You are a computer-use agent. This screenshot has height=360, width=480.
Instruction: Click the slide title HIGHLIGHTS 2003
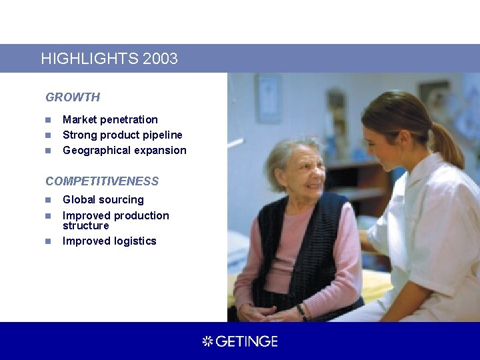coord(109,59)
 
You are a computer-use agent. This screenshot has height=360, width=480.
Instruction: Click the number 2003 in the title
coord(160,59)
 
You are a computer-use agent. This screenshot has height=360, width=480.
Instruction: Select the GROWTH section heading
coord(73,97)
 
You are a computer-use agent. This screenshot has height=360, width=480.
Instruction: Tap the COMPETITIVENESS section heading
coord(102,181)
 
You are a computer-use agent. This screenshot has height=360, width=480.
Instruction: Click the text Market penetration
coord(110,120)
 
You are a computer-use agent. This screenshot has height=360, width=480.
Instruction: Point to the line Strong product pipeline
coord(122,135)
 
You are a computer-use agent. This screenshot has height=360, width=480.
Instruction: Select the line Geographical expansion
coord(124,151)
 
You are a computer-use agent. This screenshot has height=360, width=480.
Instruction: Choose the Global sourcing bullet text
coord(103,200)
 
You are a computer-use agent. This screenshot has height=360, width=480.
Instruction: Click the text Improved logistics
coord(109,241)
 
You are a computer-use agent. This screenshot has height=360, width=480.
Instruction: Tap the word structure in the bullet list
coord(85,226)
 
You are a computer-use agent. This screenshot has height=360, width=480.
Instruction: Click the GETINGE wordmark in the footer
coord(247,341)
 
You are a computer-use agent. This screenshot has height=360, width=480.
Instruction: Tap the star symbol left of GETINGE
coord(207,341)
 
